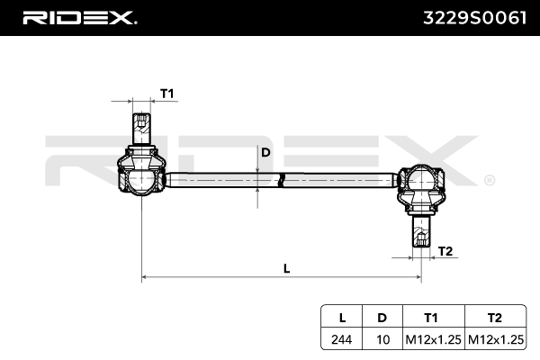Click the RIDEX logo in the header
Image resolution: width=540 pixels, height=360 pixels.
coord(78,18)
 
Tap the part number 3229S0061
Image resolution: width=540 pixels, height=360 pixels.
coord(473,18)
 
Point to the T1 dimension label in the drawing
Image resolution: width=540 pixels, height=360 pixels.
coord(166,94)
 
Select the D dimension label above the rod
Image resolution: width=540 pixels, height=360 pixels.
coord(265,152)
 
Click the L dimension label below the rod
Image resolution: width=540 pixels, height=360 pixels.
coord(286,267)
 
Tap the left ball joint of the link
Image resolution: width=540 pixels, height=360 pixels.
coord(141,177)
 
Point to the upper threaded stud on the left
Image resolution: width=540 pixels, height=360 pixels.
coord(140,129)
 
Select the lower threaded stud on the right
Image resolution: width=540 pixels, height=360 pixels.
coord(420,233)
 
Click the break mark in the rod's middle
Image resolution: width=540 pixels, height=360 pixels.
coord(281,178)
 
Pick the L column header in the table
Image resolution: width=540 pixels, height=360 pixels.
coord(342,319)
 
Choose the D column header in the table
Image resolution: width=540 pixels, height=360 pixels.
coord(382,319)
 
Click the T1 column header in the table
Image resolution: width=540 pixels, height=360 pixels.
coord(431,319)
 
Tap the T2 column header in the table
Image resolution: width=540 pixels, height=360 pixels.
coord(493,319)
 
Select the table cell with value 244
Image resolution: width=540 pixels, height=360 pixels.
coord(342,339)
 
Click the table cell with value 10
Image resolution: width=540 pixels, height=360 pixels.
coord(382,339)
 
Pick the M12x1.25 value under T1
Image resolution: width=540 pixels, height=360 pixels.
coord(431,339)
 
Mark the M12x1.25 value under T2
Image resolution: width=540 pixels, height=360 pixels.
coord(493,339)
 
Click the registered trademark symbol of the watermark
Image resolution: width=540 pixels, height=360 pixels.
coord(489,180)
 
